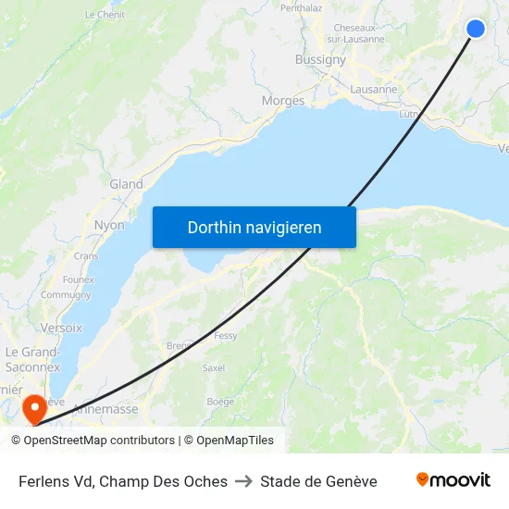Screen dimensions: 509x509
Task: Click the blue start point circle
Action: [475, 29]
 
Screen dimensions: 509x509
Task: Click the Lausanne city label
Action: [374, 90]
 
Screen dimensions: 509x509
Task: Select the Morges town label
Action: [283, 101]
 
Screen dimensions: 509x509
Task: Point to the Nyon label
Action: [109, 225]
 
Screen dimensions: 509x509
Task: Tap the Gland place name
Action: [127, 184]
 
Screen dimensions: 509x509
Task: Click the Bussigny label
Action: [320, 59]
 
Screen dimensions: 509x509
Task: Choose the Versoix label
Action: [61, 328]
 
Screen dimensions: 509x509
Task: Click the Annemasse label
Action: [106, 408]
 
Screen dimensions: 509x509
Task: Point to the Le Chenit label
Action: [104, 15]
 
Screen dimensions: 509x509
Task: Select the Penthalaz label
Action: [301, 7]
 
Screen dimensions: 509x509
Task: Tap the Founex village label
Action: [79, 279]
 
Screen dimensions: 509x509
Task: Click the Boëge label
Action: [220, 402]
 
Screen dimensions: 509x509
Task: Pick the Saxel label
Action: [214, 367]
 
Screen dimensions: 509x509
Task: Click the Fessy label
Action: [226, 336]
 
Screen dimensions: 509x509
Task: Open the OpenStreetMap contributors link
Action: [99, 441]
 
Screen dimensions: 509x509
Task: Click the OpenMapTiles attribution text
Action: [235, 441]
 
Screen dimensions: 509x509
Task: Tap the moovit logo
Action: [453, 480]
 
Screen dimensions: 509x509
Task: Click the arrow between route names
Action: [243, 481]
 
